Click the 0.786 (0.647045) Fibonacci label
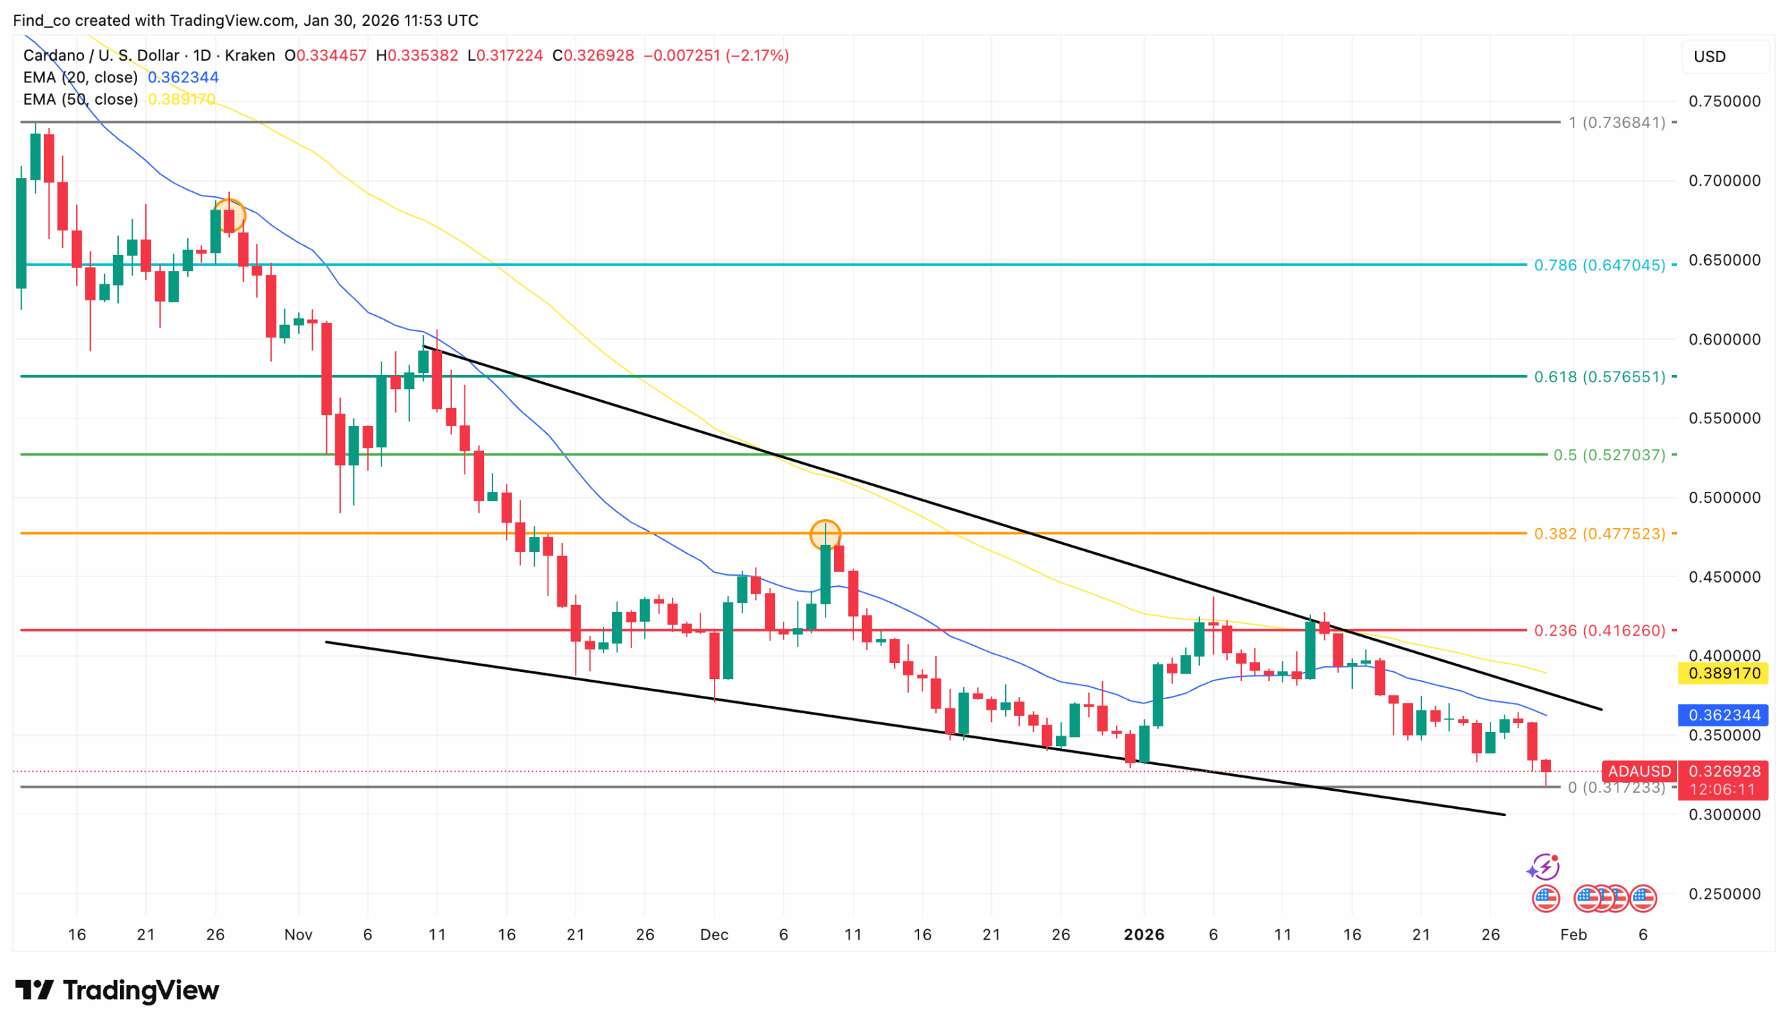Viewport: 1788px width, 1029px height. click(1599, 265)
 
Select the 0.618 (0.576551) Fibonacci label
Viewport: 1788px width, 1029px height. click(1599, 377)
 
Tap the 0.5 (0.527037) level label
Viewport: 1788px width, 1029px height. click(1609, 455)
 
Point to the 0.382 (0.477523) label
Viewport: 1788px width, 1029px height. click(1599, 534)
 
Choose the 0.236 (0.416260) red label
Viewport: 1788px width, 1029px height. click(1599, 629)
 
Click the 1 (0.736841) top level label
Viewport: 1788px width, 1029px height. click(1616, 122)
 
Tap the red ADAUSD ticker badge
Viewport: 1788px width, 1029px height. click(1639, 771)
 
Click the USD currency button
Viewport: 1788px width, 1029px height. click(1709, 57)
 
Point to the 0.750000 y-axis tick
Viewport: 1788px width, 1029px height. click(1724, 101)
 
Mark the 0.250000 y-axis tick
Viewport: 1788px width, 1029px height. click(1724, 894)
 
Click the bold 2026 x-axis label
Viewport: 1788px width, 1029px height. click(1144, 934)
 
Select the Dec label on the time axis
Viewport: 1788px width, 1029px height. click(714, 934)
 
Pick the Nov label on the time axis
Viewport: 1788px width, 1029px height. click(298, 934)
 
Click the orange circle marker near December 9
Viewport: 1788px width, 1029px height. click(825, 535)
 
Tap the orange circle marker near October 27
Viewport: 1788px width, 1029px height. click(229, 216)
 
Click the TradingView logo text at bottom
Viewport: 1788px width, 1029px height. click(117, 990)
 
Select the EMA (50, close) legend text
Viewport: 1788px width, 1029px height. click(80, 99)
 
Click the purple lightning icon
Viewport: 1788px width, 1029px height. click(1544, 866)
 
